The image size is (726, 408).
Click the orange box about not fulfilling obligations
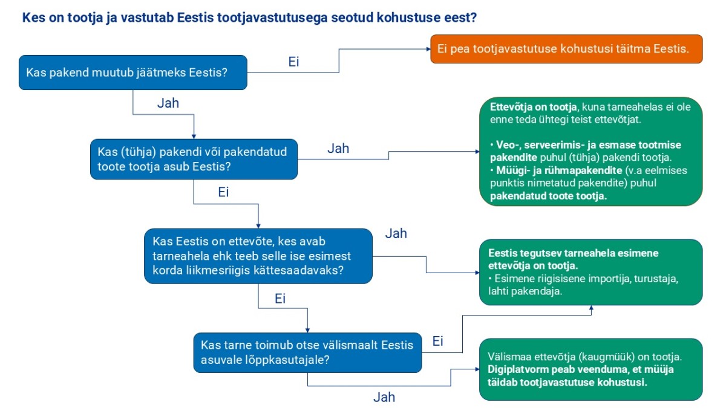(566, 49)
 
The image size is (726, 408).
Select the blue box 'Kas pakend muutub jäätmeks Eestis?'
(133, 73)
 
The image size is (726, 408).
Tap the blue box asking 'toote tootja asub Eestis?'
(194, 160)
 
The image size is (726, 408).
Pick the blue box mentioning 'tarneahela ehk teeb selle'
(258, 256)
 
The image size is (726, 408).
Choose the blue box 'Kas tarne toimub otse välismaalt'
(307, 352)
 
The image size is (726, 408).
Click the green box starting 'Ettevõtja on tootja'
(591, 152)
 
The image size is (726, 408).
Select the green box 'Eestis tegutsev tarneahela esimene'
(591, 273)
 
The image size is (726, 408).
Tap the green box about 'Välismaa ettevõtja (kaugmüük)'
(591, 369)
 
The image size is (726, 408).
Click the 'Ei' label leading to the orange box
(293, 62)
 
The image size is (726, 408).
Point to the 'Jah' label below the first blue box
(168, 103)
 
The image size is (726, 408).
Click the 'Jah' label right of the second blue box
(338, 149)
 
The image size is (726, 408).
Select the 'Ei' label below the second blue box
(223, 192)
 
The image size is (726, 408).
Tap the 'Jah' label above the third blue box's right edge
(396, 233)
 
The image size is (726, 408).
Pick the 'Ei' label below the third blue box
(280, 299)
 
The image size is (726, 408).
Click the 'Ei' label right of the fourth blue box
(437, 341)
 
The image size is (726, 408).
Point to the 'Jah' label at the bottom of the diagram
(384, 397)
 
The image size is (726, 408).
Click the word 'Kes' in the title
(33, 18)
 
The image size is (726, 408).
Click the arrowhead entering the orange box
(428, 49)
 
